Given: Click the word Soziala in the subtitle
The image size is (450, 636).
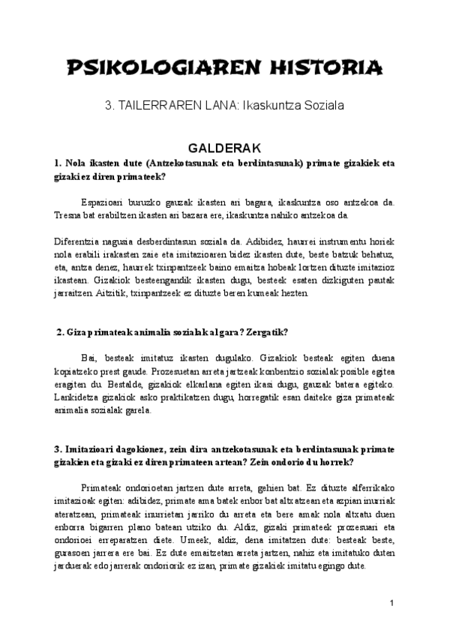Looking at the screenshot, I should pyautogui.click(x=323, y=107).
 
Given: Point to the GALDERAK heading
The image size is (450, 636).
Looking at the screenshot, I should pyautogui.click(x=224, y=148).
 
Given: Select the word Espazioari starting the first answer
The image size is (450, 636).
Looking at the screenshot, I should pyautogui.click(x=103, y=202).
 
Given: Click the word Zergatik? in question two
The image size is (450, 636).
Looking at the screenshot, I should pyautogui.click(x=266, y=331).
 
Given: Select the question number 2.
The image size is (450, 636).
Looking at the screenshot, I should pyautogui.click(x=60, y=331).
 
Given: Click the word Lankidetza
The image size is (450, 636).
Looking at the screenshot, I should pyautogui.click(x=79, y=398).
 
